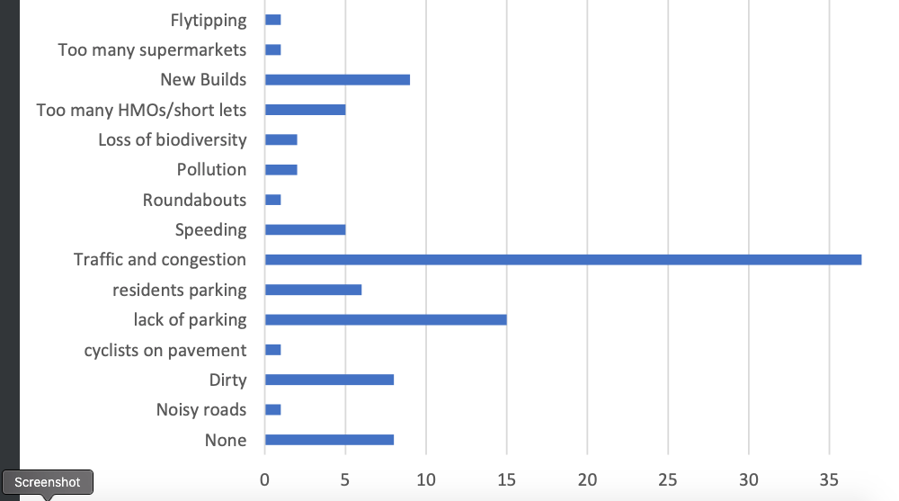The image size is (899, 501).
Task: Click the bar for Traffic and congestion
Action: [563, 260]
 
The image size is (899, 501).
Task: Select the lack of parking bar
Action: [386, 319]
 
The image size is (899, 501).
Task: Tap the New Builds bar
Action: [337, 80]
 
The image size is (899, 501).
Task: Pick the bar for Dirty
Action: [329, 380]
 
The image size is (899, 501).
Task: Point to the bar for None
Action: [329, 440]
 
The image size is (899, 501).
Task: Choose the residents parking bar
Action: [313, 290]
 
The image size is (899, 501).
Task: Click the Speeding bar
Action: [305, 229]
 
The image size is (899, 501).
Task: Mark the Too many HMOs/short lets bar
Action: [305, 110]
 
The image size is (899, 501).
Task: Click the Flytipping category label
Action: [208, 20]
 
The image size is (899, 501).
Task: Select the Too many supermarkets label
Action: [152, 49]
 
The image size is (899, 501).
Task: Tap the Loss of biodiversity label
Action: [172, 139]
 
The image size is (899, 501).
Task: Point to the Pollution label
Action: [211, 169]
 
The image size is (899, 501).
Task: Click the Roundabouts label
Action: [194, 200]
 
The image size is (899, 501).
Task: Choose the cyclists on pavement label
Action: [165, 350]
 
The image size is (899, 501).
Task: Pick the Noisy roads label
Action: [200, 409]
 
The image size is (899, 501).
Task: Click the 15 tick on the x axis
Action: [507, 479]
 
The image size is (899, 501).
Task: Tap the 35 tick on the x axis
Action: [829, 479]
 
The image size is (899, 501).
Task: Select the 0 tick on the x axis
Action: [264, 479]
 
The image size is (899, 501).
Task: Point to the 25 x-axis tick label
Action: [668, 479]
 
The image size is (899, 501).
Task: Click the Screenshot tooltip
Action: [48, 483]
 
